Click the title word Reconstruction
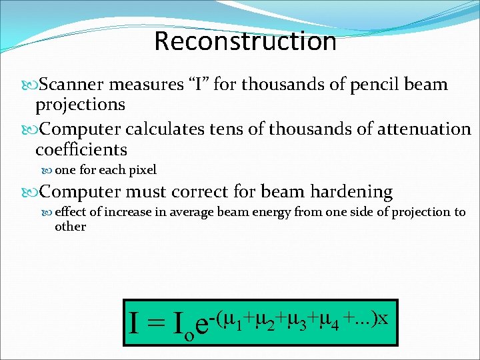click(245, 41)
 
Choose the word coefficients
click(81, 149)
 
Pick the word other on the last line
click(70, 227)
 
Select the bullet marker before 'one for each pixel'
click(49, 170)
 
